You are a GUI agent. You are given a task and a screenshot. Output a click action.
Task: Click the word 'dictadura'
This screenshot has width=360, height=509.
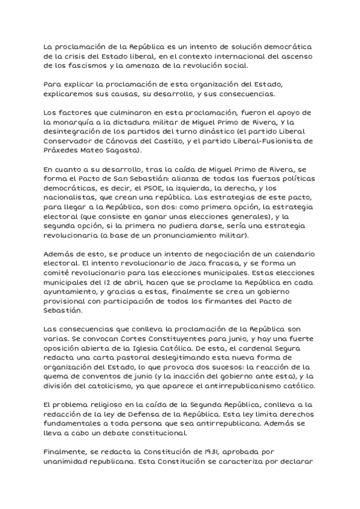tap(138, 123)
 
